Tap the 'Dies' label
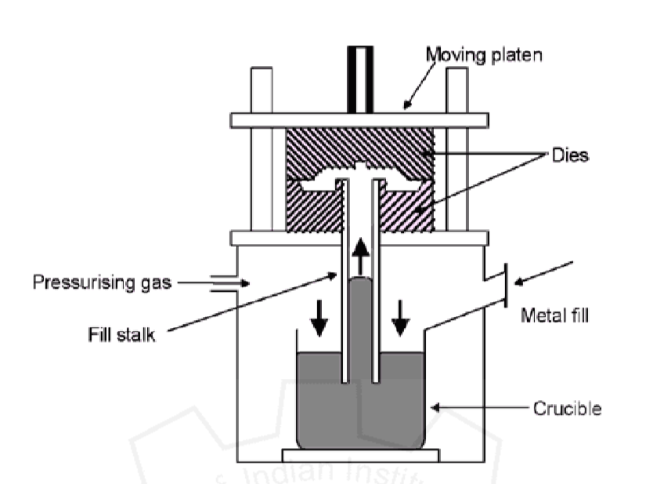point(569,156)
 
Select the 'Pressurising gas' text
point(102,283)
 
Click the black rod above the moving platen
point(359,78)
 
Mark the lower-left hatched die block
point(311,208)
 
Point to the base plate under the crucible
point(359,456)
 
